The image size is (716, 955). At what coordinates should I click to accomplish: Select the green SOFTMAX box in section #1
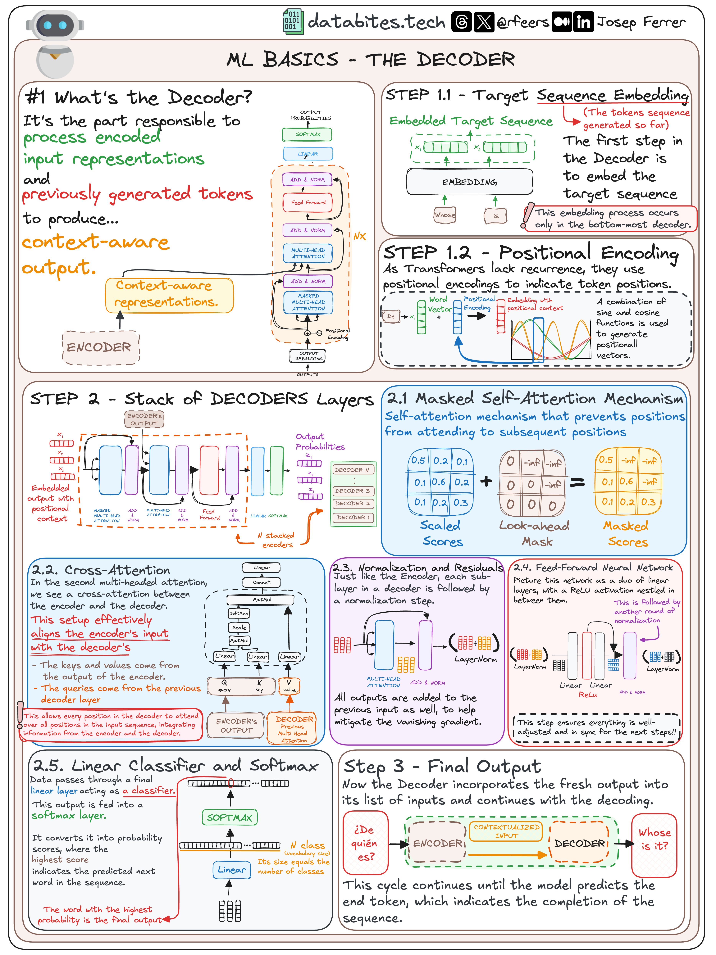coord(308,134)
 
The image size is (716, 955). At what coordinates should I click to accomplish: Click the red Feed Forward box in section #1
coord(308,202)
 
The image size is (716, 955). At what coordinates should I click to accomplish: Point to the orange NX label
coord(359,236)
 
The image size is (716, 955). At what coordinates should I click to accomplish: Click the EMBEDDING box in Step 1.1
coord(469,182)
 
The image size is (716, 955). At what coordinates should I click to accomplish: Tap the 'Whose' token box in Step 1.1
coord(445,215)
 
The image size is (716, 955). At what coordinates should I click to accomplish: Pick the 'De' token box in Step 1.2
coord(391,316)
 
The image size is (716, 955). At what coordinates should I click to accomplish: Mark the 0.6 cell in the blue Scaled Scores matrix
coord(439,482)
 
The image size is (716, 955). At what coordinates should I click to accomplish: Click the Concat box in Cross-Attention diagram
coord(262,582)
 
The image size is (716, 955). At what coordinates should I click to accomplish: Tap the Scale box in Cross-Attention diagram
coord(239,627)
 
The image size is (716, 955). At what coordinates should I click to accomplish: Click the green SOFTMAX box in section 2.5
coord(229,817)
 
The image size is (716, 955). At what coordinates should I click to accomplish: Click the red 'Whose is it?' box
coord(654,845)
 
